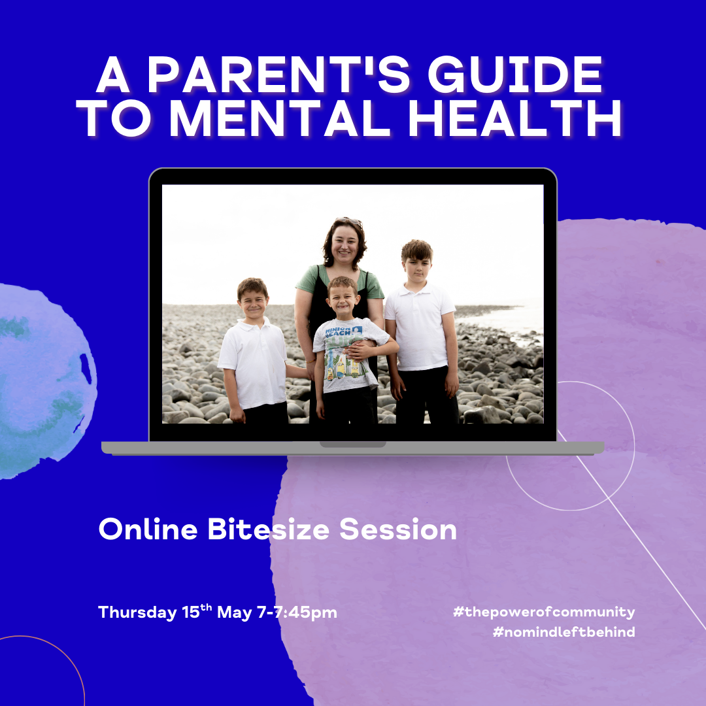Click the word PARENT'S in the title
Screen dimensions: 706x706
[278, 75]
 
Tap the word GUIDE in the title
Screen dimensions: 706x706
[515, 75]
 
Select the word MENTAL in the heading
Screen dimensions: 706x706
[279, 118]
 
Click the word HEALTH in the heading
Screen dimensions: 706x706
[514, 118]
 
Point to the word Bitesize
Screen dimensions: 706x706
[269, 529]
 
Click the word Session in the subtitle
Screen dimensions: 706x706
[398, 529]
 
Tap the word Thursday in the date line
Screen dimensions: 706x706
[137, 613]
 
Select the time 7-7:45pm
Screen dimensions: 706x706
[297, 613]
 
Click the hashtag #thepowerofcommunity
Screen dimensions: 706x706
[544, 612]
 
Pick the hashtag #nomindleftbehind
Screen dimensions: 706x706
[563, 631]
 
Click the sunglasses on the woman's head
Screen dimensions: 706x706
[348, 221]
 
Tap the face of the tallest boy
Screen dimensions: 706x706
[417, 269]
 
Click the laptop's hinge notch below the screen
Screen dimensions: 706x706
[353, 445]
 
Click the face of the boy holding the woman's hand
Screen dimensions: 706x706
[253, 305]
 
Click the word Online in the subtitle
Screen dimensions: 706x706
[148, 529]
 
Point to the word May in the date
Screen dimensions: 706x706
[234, 613]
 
